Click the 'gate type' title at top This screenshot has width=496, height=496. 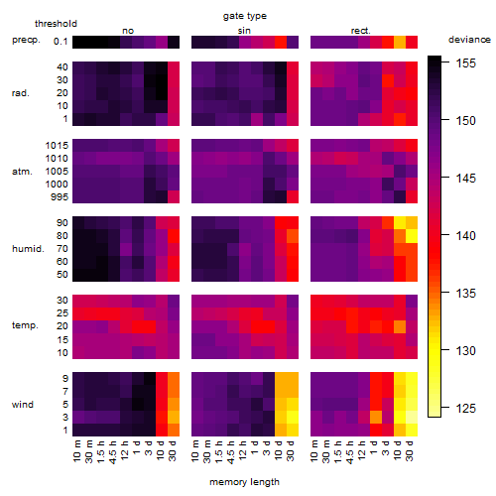[x=245, y=16]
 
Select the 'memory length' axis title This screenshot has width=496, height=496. [x=244, y=482]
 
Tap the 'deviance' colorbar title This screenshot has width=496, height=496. [x=469, y=40]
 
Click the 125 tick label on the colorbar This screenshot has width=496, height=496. [x=466, y=409]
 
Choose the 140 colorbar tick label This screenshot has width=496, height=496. [x=466, y=236]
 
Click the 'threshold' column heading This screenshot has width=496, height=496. [x=56, y=24]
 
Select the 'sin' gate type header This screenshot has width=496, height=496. [x=244, y=31]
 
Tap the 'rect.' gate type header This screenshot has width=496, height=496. [x=360, y=31]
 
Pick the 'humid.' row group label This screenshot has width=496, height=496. [x=28, y=249]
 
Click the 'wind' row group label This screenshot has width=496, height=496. [x=23, y=405]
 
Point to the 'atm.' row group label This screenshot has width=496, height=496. [x=22, y=172]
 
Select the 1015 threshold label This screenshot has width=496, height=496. [x=57, y=146]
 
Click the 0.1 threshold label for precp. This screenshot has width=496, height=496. [x=61, y=42]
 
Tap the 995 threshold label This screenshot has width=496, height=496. [x=60, y=197]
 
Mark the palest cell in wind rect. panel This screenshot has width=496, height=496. [x=412, y=418]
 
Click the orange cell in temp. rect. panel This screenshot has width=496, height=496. [x=400, y=327]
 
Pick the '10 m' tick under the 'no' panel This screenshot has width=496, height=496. [x=76, y=451]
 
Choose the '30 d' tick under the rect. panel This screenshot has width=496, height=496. [x=410, y=451]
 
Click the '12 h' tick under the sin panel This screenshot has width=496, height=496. [x=243, y=450]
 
